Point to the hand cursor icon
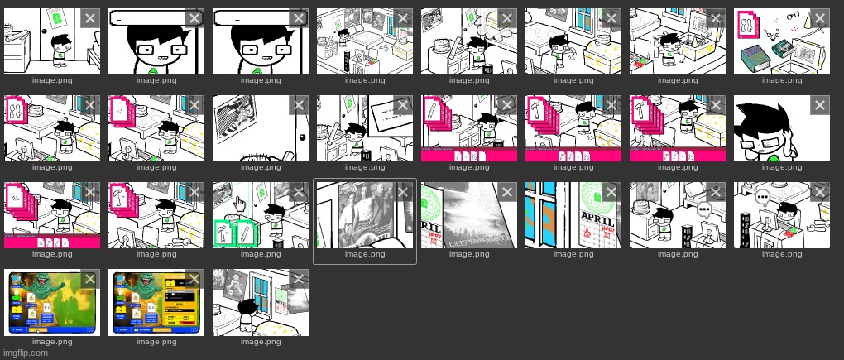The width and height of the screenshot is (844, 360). click(240, 204)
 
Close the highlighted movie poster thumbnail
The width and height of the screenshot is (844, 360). click(403, 192)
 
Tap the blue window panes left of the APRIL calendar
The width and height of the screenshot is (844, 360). click(543, 215)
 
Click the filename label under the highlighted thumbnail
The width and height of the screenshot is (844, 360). click(364, 254)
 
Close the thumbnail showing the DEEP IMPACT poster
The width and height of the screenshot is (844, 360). click(507, 192)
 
